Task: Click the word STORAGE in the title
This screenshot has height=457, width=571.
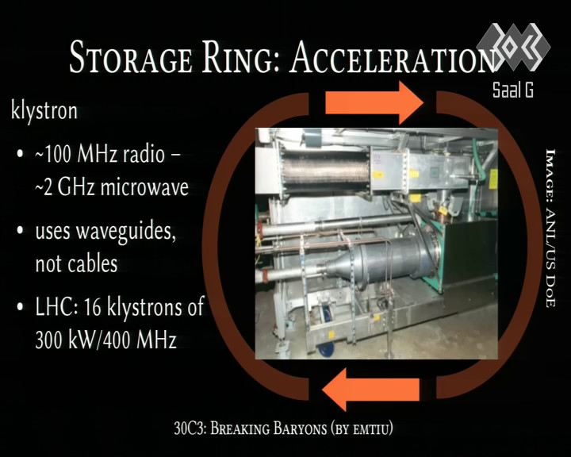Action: tap(130, 57)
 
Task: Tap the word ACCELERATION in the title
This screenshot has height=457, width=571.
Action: tap(393, 57)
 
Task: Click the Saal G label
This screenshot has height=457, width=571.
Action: tap(513, 90)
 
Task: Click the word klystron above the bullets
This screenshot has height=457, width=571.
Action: tap(44, 110)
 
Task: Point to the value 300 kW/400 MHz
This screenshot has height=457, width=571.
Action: tap(106, 340)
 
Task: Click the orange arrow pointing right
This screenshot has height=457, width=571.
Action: tap(374, 103)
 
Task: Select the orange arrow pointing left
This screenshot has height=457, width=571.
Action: tap(370, 390)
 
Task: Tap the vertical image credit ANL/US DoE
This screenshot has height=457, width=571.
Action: tap(550, 228)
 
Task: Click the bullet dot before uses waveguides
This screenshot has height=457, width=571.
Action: tap(21, 230)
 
